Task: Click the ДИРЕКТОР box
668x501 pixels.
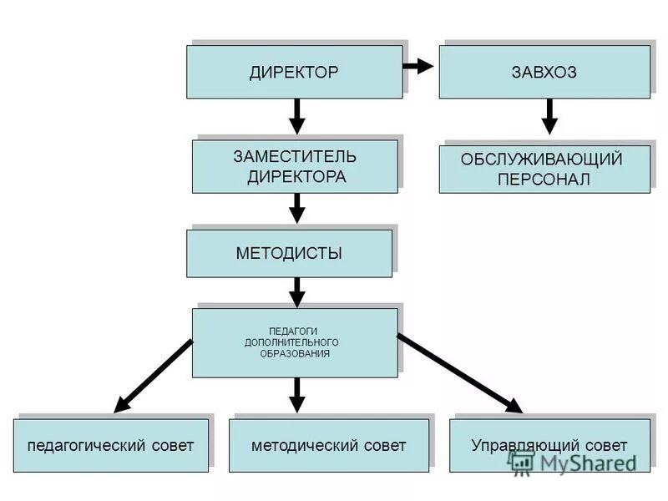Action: tap(294, 73)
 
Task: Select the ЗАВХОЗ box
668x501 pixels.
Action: tap(544, 73)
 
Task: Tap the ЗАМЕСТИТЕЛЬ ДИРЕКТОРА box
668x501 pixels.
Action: tap(295, 167)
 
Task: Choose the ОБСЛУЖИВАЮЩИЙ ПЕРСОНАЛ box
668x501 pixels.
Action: tap(544, 170)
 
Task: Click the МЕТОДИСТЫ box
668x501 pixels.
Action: tap(289, 254)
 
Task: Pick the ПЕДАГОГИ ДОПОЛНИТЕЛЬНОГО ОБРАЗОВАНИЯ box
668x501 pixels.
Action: tap(295, 343)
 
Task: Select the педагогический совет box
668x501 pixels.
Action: tap(111, 446)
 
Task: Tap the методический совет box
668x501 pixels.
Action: tap(329, 446)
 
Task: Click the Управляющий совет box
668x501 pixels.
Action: tap(549, 446)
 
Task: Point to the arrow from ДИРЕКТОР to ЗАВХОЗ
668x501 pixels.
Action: tap(420, 65)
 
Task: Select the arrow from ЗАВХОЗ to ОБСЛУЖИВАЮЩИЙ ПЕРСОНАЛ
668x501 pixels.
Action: tap(549, 117)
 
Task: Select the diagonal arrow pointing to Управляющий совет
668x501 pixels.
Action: tap(459, 374)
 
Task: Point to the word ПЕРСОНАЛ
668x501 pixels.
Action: tap(544, 180)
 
